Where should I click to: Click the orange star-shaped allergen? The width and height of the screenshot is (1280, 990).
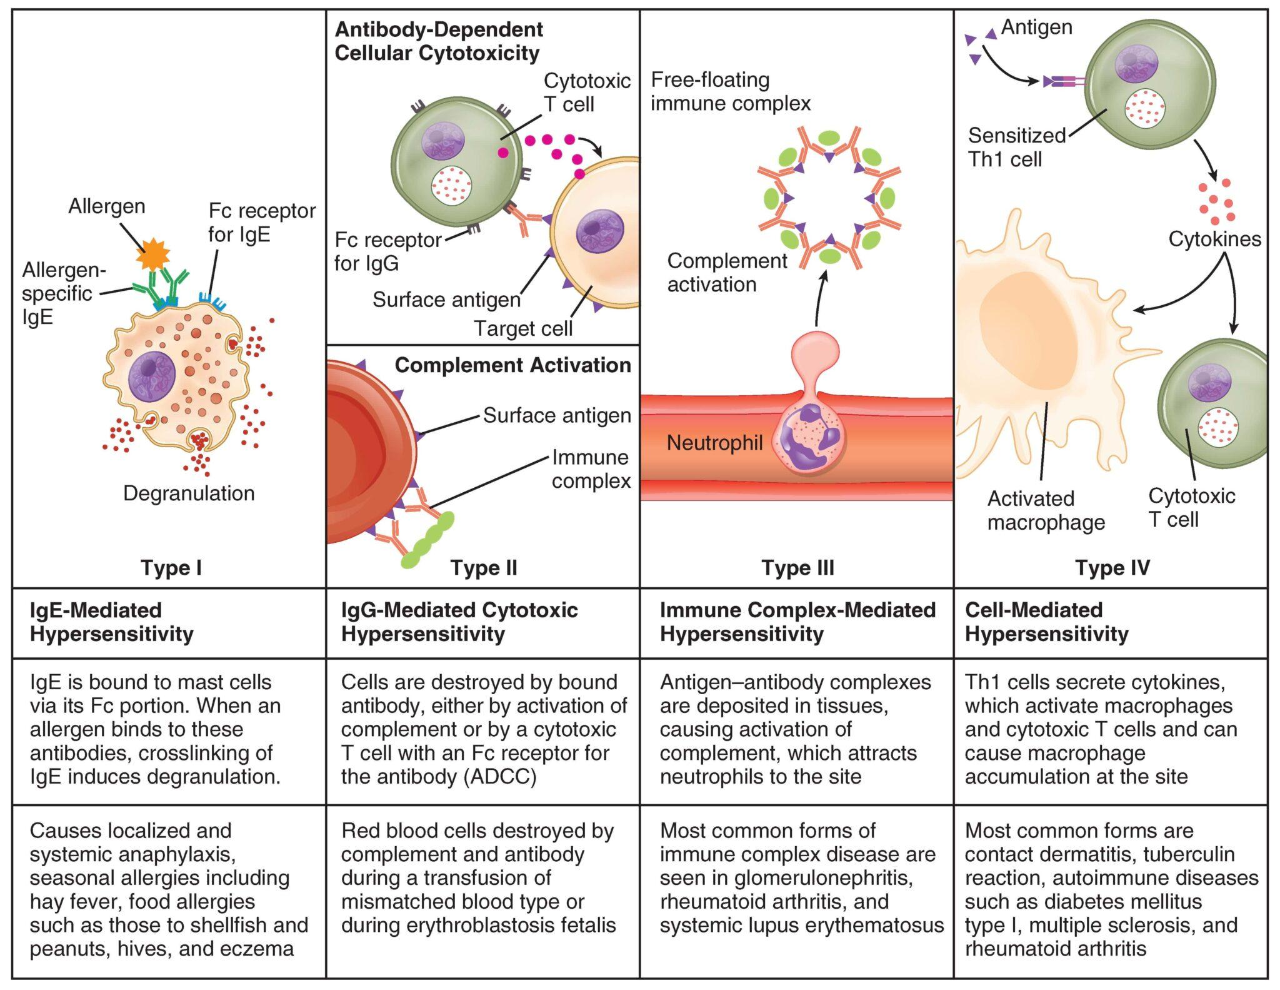pyautogui.click(x=153, y=253)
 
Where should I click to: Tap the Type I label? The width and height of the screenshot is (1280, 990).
pyautogui.click(x=171, y=568)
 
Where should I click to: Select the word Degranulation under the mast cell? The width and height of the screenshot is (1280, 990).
pyautogui.click(x=189, y=493)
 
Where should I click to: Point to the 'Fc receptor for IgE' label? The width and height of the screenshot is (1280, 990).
pyautogui.click(x=261, y=223)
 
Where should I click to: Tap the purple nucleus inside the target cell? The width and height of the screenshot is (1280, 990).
pyautogui.click(x=599, y=231)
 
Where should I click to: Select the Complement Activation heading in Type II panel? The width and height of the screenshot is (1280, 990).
pyautogui.click(x=512, y=365)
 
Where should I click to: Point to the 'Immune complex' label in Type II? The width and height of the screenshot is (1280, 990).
pyautogui.click(x=590, y=469)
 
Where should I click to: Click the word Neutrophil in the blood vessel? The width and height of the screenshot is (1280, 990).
pyautogui.click(x=714, y=443)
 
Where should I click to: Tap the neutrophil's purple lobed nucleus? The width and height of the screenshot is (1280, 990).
pyautogui.click(x=812, y=438)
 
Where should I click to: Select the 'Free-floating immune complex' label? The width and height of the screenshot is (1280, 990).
pyautogui.click(x=730, y=91)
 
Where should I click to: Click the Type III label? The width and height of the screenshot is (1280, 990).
pyautogui.click(x=797, y=568)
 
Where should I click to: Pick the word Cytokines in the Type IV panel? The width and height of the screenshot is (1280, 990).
pyautogui.click(x=1214, y=239)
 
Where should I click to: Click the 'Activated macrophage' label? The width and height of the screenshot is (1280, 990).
pyautogui.click(x=1046, y=510)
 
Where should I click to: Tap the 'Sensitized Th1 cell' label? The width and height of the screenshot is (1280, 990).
pyautogui.click(x=1016, y=147)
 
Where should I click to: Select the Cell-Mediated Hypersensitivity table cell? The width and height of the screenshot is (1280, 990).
pyautogui.click(x=1047, y=622)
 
